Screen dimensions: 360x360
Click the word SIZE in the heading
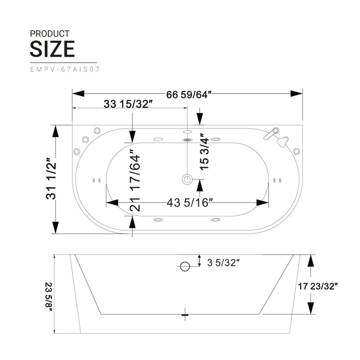[52, 49]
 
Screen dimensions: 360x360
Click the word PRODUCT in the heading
[49, 34]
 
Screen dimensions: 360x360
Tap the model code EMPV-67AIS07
[65, 69]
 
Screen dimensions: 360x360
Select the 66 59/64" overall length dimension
[189, 94]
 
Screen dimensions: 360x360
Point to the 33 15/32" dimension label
[129, 104]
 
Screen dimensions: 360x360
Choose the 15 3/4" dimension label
[204, 152]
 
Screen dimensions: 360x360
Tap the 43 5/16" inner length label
[190, 203]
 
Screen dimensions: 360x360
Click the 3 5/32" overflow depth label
[223, 263]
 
